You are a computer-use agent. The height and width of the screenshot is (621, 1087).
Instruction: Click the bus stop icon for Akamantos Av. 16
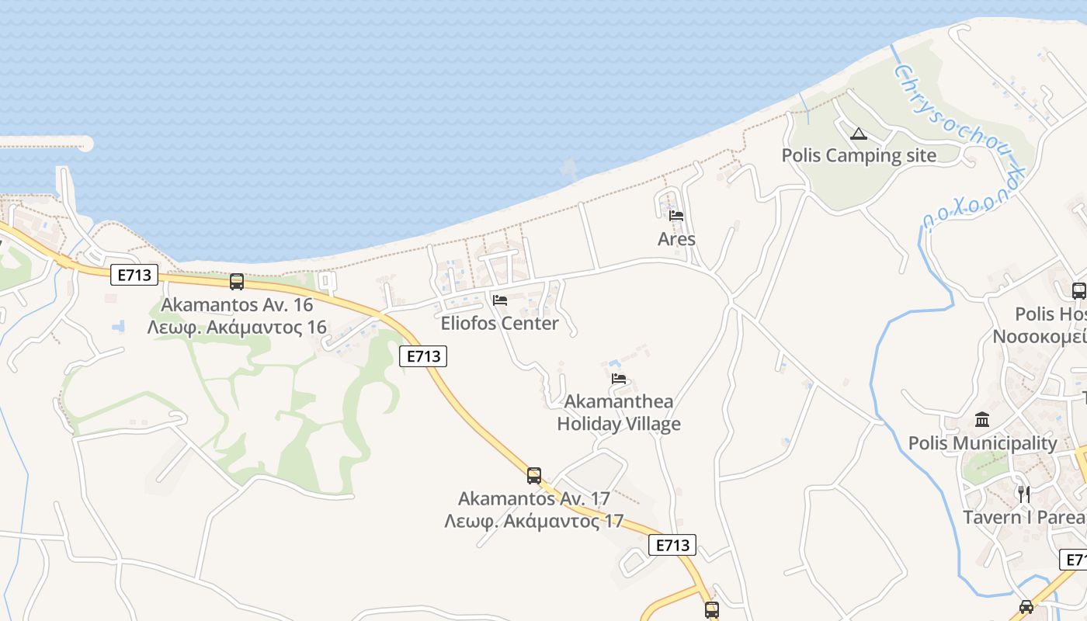(x=237, y=282)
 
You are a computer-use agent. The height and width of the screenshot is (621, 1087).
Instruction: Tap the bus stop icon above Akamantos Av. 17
(x=534, y=476)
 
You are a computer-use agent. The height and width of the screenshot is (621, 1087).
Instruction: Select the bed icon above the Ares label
(x=676, y=216)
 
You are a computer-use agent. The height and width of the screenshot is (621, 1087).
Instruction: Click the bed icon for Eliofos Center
(x=499, y=300)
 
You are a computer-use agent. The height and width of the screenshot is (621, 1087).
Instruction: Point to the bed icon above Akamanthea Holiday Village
(x=619, y=379)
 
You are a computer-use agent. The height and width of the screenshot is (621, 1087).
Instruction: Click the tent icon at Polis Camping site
(x=858, y=134)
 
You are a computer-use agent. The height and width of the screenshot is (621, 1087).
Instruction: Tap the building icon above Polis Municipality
(x=982, y=420)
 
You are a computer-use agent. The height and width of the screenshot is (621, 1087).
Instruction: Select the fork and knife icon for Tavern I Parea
(x=1023, y=494)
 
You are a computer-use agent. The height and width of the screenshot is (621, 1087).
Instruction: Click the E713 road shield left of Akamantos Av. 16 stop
(x=134, y=275)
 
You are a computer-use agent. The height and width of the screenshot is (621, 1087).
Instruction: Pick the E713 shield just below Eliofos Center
(x=423, y=356)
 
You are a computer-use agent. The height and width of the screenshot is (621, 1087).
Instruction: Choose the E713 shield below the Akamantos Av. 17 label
(x=672, y=545)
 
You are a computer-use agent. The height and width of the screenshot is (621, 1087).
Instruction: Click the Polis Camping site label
(x=859, y=155)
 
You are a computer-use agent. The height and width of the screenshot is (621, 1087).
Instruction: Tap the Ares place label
(x=676, y=239)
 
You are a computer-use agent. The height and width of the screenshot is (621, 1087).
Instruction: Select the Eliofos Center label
(x=499, y=324)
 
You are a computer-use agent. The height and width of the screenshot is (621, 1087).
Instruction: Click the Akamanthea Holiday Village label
(x=619, y=413)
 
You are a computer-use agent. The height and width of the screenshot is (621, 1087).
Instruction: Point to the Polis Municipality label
(x=982, y=443)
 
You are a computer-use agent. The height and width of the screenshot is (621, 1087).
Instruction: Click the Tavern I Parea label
(x=1024, y=517)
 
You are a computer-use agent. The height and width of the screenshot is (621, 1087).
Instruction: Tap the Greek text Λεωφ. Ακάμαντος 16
(x=237, y=327)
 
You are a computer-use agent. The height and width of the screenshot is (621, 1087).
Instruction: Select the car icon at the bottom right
(x=1026, y=606)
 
